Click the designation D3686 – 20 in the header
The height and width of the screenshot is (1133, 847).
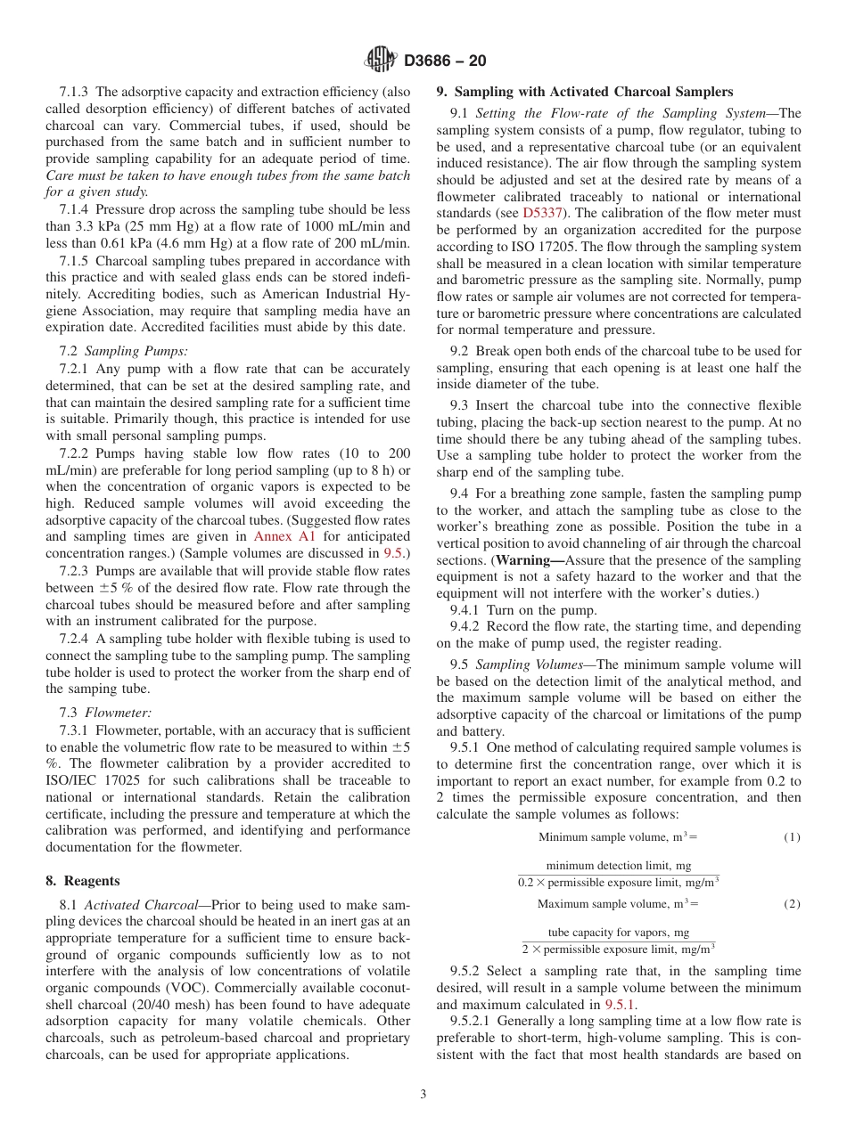445,61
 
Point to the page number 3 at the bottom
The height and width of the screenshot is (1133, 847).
423,1095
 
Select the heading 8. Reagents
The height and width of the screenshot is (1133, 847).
82,881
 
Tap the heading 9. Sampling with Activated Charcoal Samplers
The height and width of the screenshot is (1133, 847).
584,92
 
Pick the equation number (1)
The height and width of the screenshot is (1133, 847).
792,837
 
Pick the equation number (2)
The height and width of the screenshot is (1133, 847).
792,904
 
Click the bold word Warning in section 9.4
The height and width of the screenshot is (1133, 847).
527,560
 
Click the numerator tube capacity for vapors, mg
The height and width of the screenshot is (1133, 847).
618,933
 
